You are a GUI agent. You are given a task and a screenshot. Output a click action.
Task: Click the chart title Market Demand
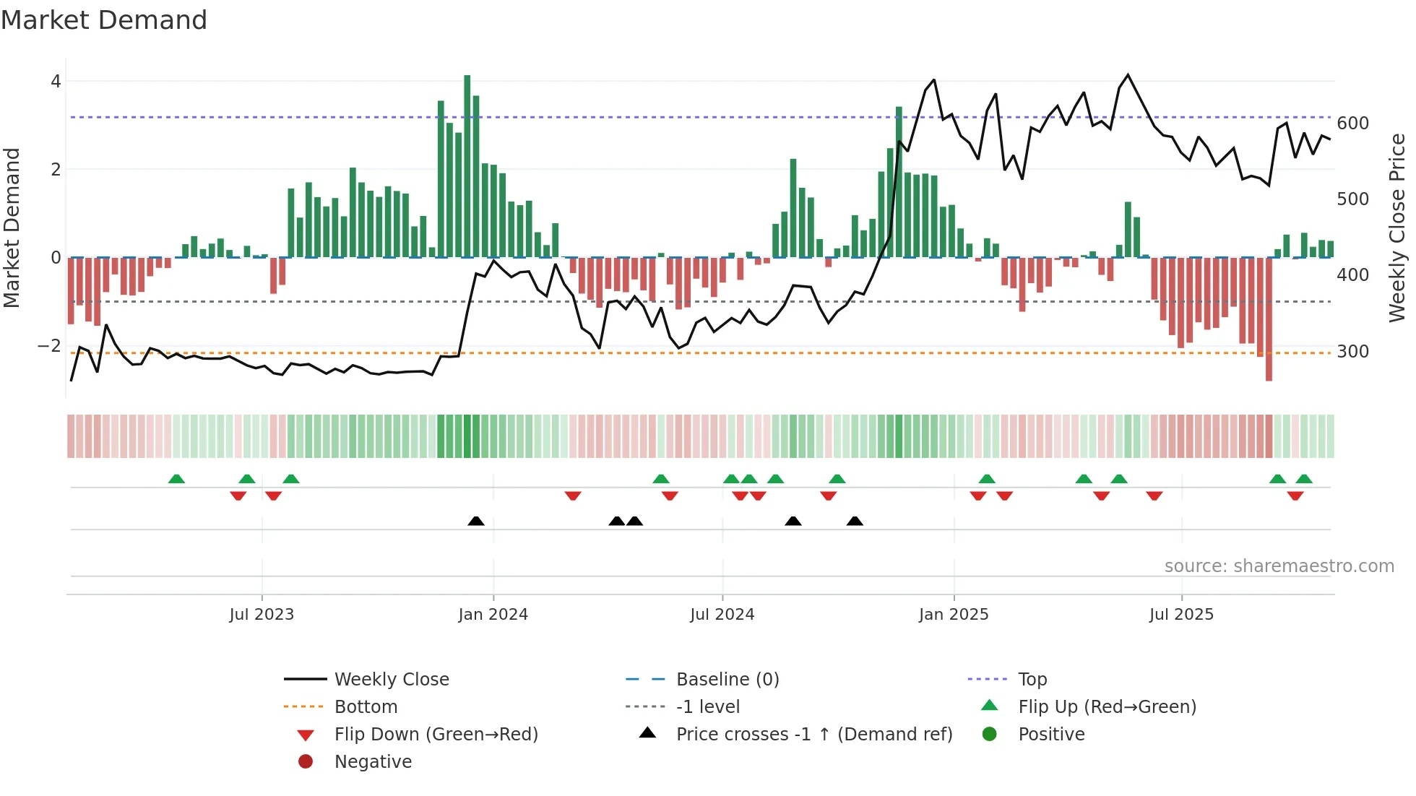pyautogui.click(x=104, y=20)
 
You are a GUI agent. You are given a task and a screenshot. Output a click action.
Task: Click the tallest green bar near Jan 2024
pyautogui.click(x=467, y=166)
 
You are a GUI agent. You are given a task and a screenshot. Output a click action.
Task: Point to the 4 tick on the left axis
pyautogui.click(x=56, y=82)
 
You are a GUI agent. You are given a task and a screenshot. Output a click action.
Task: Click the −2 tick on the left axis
pyautogui.click(x=50, y=346)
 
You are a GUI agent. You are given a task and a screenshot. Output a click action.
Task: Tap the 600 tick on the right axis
pyautogui.click(x=1352, y=124)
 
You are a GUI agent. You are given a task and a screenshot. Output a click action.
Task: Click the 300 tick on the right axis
pyautogui.click(x=1352, y=352)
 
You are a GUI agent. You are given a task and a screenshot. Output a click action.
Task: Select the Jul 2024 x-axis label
pyautogui.click(x=722, y=615)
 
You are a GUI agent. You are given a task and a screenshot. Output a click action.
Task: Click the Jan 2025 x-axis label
pyautogui.click(x=953, y=615)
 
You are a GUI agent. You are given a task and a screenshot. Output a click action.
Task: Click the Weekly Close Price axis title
pyautogui.click(x=1397, y=228)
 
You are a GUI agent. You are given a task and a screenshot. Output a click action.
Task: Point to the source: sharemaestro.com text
pyautogui.click(x=1279, y=566)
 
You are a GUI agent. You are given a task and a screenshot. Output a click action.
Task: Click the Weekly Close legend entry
pyautogui.click(x=392, y=680)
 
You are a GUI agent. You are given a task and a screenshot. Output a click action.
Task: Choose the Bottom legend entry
pyautogui.click(x=366, y=707)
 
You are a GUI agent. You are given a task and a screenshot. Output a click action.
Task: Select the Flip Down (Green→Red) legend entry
pyautogui.click(x=436, y=735)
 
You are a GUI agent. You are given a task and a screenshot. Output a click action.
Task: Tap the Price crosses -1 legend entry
pyautogui.click(x=813, y=735)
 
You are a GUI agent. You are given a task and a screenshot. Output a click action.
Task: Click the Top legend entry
pyautogui.click(x=1032, y=680)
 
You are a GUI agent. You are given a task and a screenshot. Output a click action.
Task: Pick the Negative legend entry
pyautogui.click(x=373, y=762)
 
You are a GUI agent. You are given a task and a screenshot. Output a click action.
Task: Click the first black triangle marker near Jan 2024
pyautogui.click(x=476, y=522)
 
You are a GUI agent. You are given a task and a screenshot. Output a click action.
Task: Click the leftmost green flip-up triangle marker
pyautogui.click(x=176, y=479)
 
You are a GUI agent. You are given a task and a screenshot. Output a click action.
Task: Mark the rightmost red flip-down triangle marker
pyautogui.click(x=1295, y=496)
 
